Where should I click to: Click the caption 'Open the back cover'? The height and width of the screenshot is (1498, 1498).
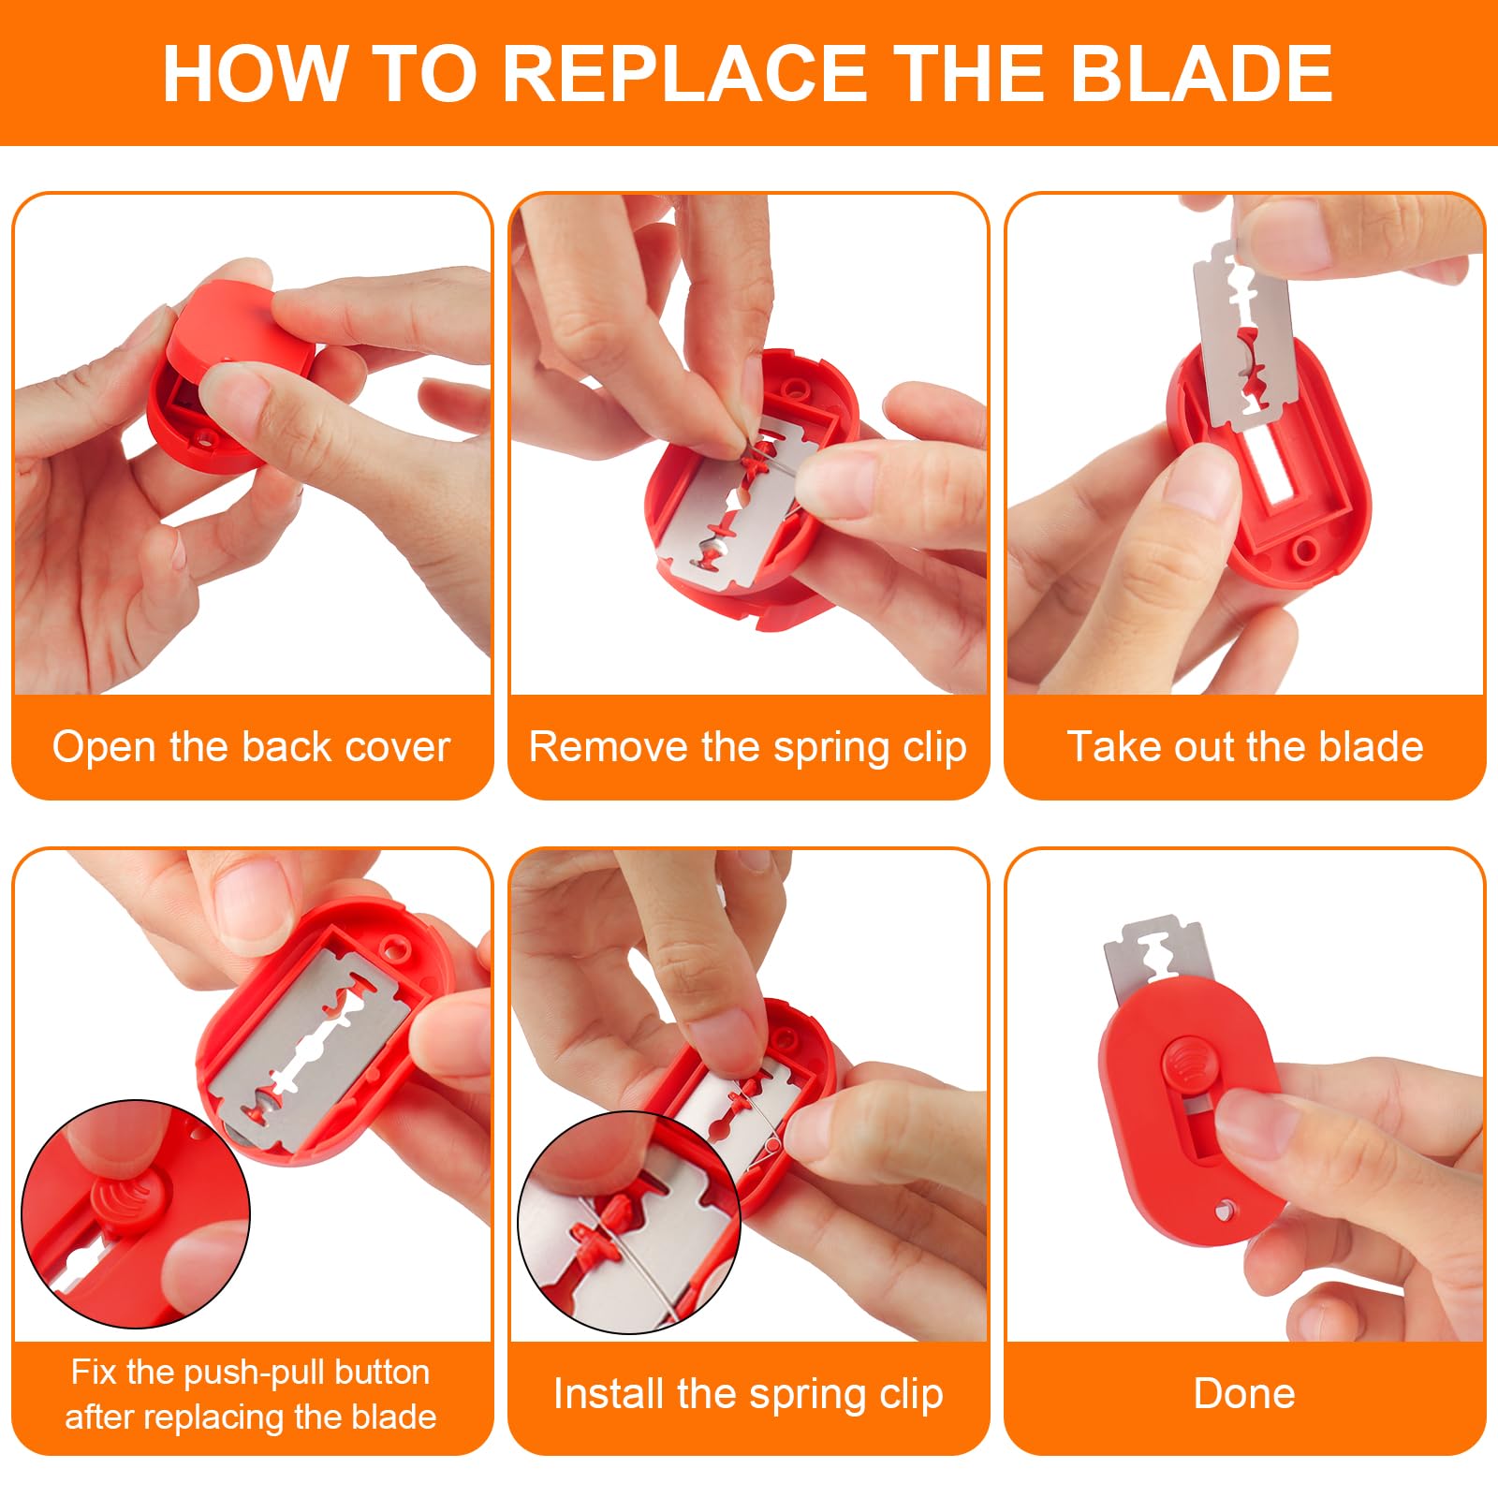251,747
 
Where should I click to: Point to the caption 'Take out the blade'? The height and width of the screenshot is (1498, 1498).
1245,747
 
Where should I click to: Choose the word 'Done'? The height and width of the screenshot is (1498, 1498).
1244,1394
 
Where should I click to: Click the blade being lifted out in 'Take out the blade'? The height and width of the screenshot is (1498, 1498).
1243,333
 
